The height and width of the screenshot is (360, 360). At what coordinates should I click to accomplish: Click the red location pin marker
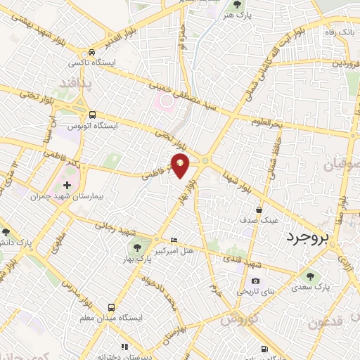point(181,165)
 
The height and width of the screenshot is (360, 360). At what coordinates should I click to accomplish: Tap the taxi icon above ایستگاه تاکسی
point(91,53)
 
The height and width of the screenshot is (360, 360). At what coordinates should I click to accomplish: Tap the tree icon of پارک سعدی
point(311,276)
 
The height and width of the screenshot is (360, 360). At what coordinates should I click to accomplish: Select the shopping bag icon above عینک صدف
point(259,210)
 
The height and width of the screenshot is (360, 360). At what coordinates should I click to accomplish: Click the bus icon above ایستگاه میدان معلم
point(111,307)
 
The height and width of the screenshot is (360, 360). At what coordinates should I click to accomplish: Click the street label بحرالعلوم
point(267,122)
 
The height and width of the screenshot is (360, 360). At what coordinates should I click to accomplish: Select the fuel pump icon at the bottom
point(264,349)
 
